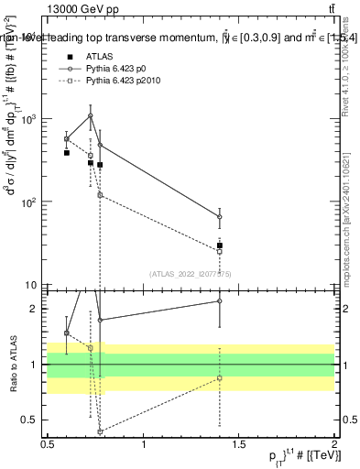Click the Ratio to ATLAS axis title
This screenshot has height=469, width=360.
[x=13, y=365]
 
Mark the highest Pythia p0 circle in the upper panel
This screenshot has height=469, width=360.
[x=90, y=115]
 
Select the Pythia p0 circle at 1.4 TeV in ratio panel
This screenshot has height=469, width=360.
[x=220, y=300]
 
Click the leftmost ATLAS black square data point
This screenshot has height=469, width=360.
[x=67, y=153]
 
